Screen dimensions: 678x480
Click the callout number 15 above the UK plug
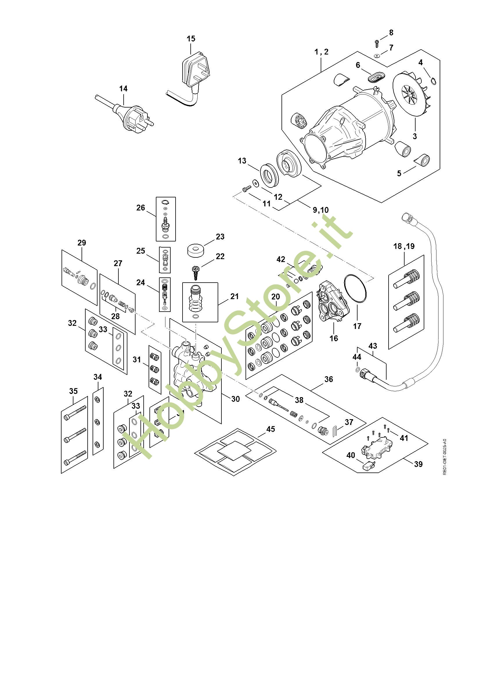pyautogui.click(x=191, y=39)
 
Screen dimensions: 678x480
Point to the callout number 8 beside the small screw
pyautogui.click(x=391, y=32)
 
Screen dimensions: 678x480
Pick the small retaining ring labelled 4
pyautogui.click(x=433, y=81)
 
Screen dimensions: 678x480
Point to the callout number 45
pyautogui.click(x=271, y=429)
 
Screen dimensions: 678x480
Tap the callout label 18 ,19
pyautogui.click(x=404, y=246)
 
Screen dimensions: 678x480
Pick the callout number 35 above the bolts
pyautogui.click(x=73, y=391)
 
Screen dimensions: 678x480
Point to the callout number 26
pyautogui.click(x=141, y=208)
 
